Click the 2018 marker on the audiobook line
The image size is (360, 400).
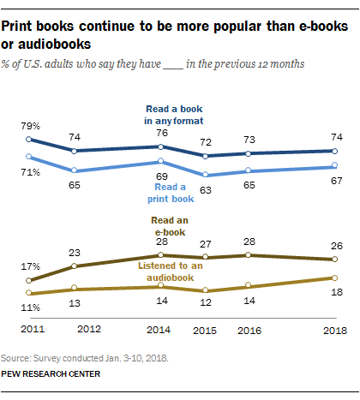coord(334,278)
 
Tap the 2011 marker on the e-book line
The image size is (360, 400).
coord(29,280)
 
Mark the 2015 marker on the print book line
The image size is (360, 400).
coord(204,175)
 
